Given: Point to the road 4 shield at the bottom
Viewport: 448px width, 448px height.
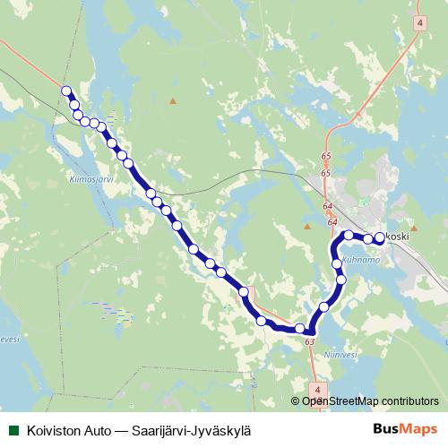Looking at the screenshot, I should coord(318,388).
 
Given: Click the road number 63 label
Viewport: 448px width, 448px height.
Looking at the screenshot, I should coord(310,341).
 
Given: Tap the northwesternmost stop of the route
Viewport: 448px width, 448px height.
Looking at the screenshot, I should coord(66,90).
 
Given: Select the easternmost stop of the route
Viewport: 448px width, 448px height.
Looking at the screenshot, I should coord(379,237).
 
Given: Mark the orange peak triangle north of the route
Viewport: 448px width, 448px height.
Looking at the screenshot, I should coord(174,100).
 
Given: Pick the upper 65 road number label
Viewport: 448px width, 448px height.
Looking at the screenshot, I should coord(326,157).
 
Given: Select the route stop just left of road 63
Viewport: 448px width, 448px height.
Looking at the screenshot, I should coord(300,329).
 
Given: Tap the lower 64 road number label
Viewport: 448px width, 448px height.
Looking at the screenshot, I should coord(332,222).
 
